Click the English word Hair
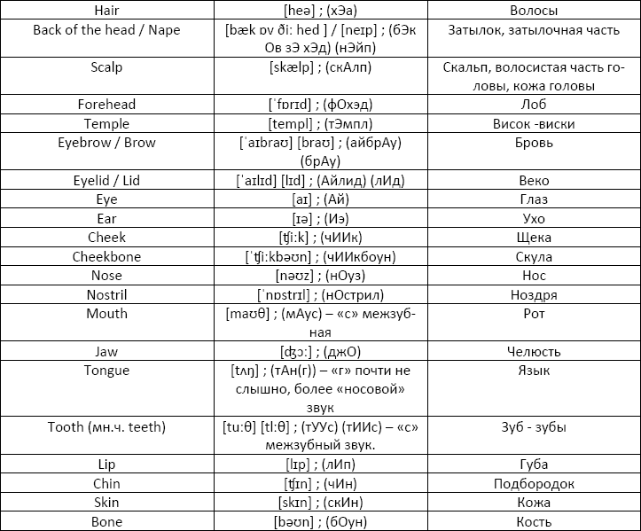pos(106,11)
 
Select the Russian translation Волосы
pos(534,11)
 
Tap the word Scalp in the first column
pos(106,67)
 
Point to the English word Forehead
pos(106,105)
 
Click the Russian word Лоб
pos(534,105)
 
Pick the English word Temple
pos(106,124)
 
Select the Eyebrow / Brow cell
pos(106,143)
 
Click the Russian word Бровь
pos(534,143)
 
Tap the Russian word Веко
pos(534,181)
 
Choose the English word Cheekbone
pos(106,257)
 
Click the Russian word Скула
pos(534,257)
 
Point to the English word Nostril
pos(106,294)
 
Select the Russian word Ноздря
pos(534,294)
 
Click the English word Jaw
pos(106,352)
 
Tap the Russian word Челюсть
pos(534,352)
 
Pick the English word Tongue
pos(106,371)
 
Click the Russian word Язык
pos(534,371)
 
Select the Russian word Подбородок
pos(534,484)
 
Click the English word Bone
pos(106,522)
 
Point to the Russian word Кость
pos(534,522)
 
